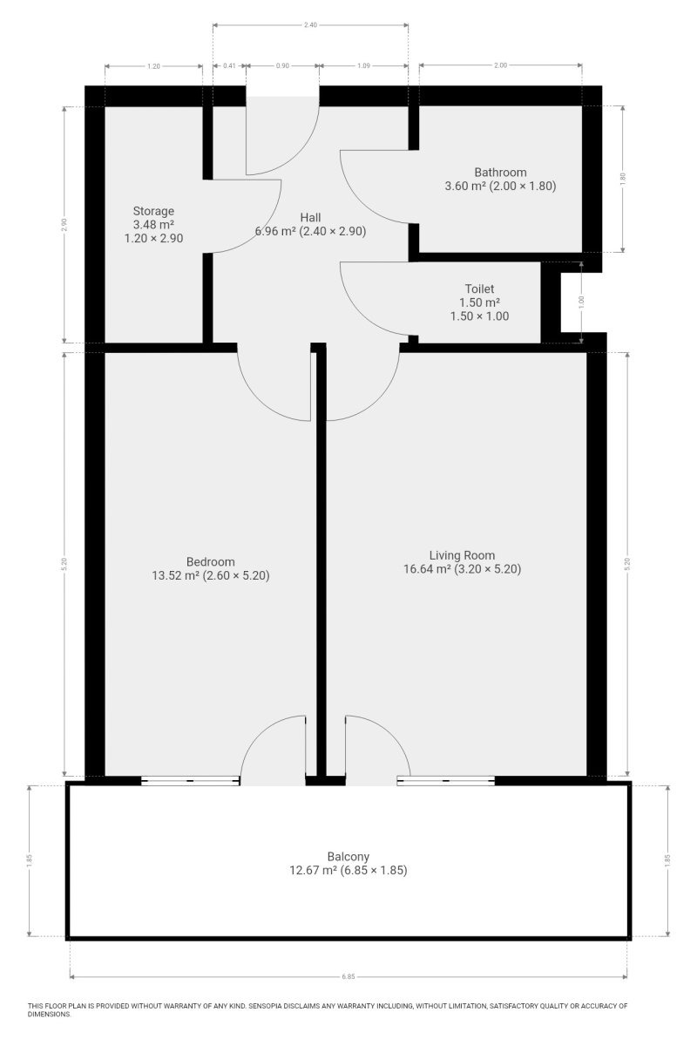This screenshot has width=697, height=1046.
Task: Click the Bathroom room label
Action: click(500, 173)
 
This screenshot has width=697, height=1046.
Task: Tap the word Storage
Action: click(153, 211)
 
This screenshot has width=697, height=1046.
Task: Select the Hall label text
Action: click(310, 218)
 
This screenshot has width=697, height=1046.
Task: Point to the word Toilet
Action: click(479, 289)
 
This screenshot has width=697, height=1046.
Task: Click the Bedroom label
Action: click(211, 561)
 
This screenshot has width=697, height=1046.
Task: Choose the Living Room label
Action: click(462, 555)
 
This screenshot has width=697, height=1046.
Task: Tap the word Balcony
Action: click(348, 857)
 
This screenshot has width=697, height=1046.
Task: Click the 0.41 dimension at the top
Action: click(229, 66)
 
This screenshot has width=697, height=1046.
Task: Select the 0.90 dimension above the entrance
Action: click(282, 66)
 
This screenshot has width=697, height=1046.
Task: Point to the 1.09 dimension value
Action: click(363, 66)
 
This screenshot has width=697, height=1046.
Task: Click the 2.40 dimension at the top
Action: click(310, 24)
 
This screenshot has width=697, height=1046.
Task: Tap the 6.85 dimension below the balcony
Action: click(348, 976)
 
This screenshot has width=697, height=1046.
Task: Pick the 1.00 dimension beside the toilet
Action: click(581, 302)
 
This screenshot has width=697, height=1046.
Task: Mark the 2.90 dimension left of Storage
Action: click(64, 225)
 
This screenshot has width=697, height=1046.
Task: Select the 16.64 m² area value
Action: click(427, 568)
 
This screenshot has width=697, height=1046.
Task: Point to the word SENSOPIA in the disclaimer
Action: click(265, 1006)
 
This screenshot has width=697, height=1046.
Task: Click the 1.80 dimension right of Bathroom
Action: click(622, 179)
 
